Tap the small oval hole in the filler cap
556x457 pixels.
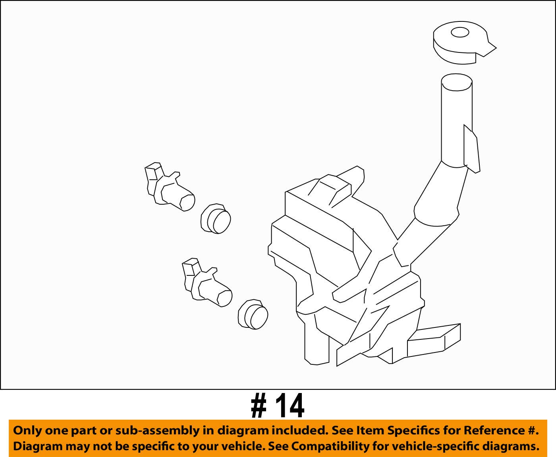pyautogui.click(x=460, y=33)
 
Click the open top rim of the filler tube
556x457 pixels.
pyautogui.click(x=457, y=82)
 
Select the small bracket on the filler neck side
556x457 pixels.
pyautogui.click(x=472, y=149)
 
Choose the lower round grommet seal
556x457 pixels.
pyautogui.click(x=253, y=314)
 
